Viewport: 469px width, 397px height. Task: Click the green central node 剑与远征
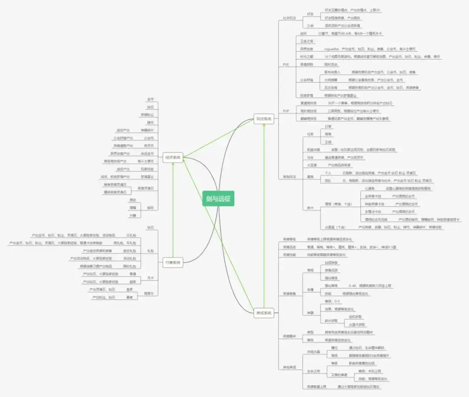(218, 199)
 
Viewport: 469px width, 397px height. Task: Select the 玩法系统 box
(264, 119)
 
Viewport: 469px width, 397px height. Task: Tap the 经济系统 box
(173, 157)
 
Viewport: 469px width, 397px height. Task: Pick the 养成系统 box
(264, 313)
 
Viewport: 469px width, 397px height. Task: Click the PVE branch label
(286, 64)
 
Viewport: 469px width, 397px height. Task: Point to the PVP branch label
(286, 111)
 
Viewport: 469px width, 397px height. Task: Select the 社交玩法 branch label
(289, 18)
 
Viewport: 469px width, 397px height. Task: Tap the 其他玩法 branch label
(289, 177)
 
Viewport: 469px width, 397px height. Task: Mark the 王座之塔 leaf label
(307, 41)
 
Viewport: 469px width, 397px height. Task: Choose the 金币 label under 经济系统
(150, 99)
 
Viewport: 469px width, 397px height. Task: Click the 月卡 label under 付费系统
(150, 278)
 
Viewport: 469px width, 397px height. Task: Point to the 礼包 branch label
(150, 251)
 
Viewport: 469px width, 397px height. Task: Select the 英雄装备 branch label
(290, 294)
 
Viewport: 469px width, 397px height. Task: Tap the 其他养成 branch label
(290, 367)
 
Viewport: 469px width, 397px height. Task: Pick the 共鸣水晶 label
(313, 351)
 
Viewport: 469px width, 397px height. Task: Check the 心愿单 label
(370, 189)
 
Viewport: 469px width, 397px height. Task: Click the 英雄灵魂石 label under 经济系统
(145, 188)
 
